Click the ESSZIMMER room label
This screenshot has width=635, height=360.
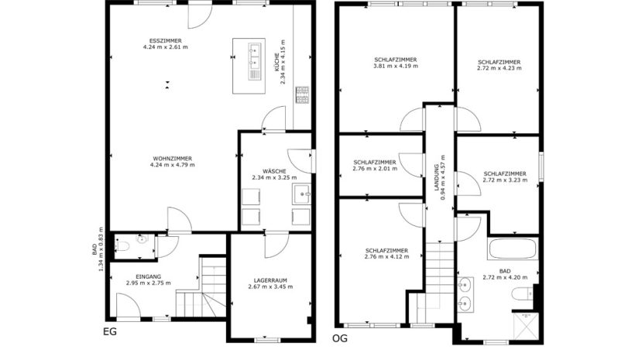pos(165,41)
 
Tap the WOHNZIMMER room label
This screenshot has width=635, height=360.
pos(173,159)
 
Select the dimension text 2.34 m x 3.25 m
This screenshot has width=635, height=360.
pos(274,177)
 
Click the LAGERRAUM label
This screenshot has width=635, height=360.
pos(270,280)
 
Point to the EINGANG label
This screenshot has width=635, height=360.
pos(148,277)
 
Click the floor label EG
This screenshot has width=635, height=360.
pos(110,331)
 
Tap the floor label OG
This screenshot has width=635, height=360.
pos(340,338)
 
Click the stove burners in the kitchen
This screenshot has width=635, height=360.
pos(302,94)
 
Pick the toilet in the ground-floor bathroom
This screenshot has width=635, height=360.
pos(122,245)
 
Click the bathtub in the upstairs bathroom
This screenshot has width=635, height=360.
pos(513,249)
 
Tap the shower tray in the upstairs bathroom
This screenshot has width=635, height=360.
pos(526,325)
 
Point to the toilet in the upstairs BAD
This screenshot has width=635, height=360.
pos(523,293)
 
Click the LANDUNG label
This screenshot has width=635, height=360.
pos(437,177)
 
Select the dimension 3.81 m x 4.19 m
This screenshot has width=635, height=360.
pos(396,66)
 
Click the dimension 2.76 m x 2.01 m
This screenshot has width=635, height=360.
pos(375,169)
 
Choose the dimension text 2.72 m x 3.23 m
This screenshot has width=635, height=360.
pos(505,180)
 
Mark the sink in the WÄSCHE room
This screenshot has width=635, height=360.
pos(302,194)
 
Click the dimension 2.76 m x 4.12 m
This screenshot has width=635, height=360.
pos(386,257)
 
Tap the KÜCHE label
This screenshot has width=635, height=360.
pos(276,63)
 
